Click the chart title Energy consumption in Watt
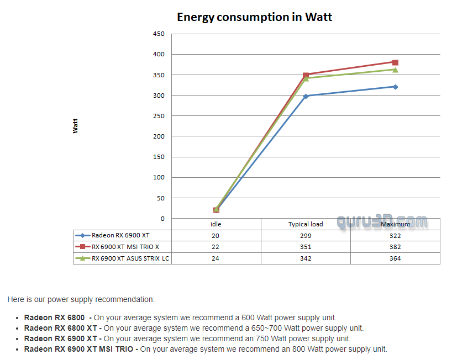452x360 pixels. pyautogui.click(x=254, y=17)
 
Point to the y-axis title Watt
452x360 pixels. pyautogui.click(x=75, y=126)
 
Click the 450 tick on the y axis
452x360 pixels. pyautogui.click(x=159, y=34)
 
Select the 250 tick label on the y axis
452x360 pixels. pyautogui.click(x=159, y=116)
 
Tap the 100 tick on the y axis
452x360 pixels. pyautogui.click(x=159, y=177)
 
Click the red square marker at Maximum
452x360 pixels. pyautogui.click(x=395, y=62)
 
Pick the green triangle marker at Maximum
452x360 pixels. pyautogui.click(x=395, y=70)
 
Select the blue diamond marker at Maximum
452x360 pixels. pyautogui.click(x=395, y=87)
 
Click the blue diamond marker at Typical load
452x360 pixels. pyautogui.click(x=306, y=96)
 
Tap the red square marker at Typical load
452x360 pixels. pyautogui.click(x=306, y=75)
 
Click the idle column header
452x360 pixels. pyautogui.click(x=216, y=224)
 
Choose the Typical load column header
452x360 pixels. pyautogui.click(x=306, y=224)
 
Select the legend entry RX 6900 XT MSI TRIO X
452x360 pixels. pyautogui.click(x=125, y=247)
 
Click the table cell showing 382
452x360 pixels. pyautogui.click(x=395, y=247)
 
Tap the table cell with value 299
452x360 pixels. pyautogui.click(x=306, y=235)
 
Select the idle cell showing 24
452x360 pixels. pyautogui.click(x=216, y=258)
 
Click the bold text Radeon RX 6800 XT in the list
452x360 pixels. pyautogui.click(x=61, y=328)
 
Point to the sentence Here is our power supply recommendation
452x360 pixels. pyautogui.click(x=81, y=299)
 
